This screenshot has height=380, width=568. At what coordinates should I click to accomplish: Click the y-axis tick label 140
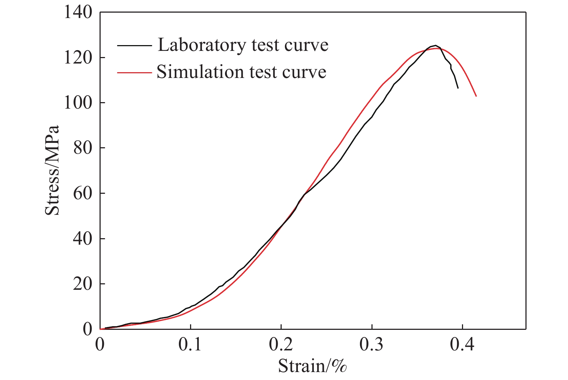(x=78, y=12)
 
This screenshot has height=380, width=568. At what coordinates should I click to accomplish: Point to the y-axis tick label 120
(x=78, y=58)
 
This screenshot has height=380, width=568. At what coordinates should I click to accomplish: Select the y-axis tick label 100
(x=78, y=103)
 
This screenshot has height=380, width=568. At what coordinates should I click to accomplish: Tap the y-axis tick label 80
(x=83, y=148)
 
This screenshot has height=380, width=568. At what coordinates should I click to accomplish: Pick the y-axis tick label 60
(x=83, y=193)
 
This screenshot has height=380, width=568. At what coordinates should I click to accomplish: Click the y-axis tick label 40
(x=83, y=239)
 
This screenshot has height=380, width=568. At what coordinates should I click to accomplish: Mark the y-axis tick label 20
(x=83, y=284)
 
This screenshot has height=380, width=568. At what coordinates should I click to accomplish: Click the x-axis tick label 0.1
(x=190, y=344)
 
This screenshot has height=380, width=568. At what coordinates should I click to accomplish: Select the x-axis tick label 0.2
(x=281, y=344)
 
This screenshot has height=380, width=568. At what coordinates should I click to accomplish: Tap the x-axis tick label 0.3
(x=371, y=344)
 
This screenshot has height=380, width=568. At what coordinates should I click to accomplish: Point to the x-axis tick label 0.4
(x=462, y=344)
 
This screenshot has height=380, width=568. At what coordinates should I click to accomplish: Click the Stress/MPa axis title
(x=52, y=170)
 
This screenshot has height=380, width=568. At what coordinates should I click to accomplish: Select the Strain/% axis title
(x=312, y=366)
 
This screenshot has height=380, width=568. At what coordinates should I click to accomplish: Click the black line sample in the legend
(x=134, y=45)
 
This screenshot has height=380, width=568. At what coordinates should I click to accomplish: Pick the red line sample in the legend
(x=134, y=72)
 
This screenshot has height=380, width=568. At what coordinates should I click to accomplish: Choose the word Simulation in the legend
(x=197, y=72)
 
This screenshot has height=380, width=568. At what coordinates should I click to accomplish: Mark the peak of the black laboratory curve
(x=436, y=45)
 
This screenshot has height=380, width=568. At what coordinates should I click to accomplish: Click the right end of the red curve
(x=476, y=96)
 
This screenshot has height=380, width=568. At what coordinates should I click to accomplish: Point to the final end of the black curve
(x=458, y=88)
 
